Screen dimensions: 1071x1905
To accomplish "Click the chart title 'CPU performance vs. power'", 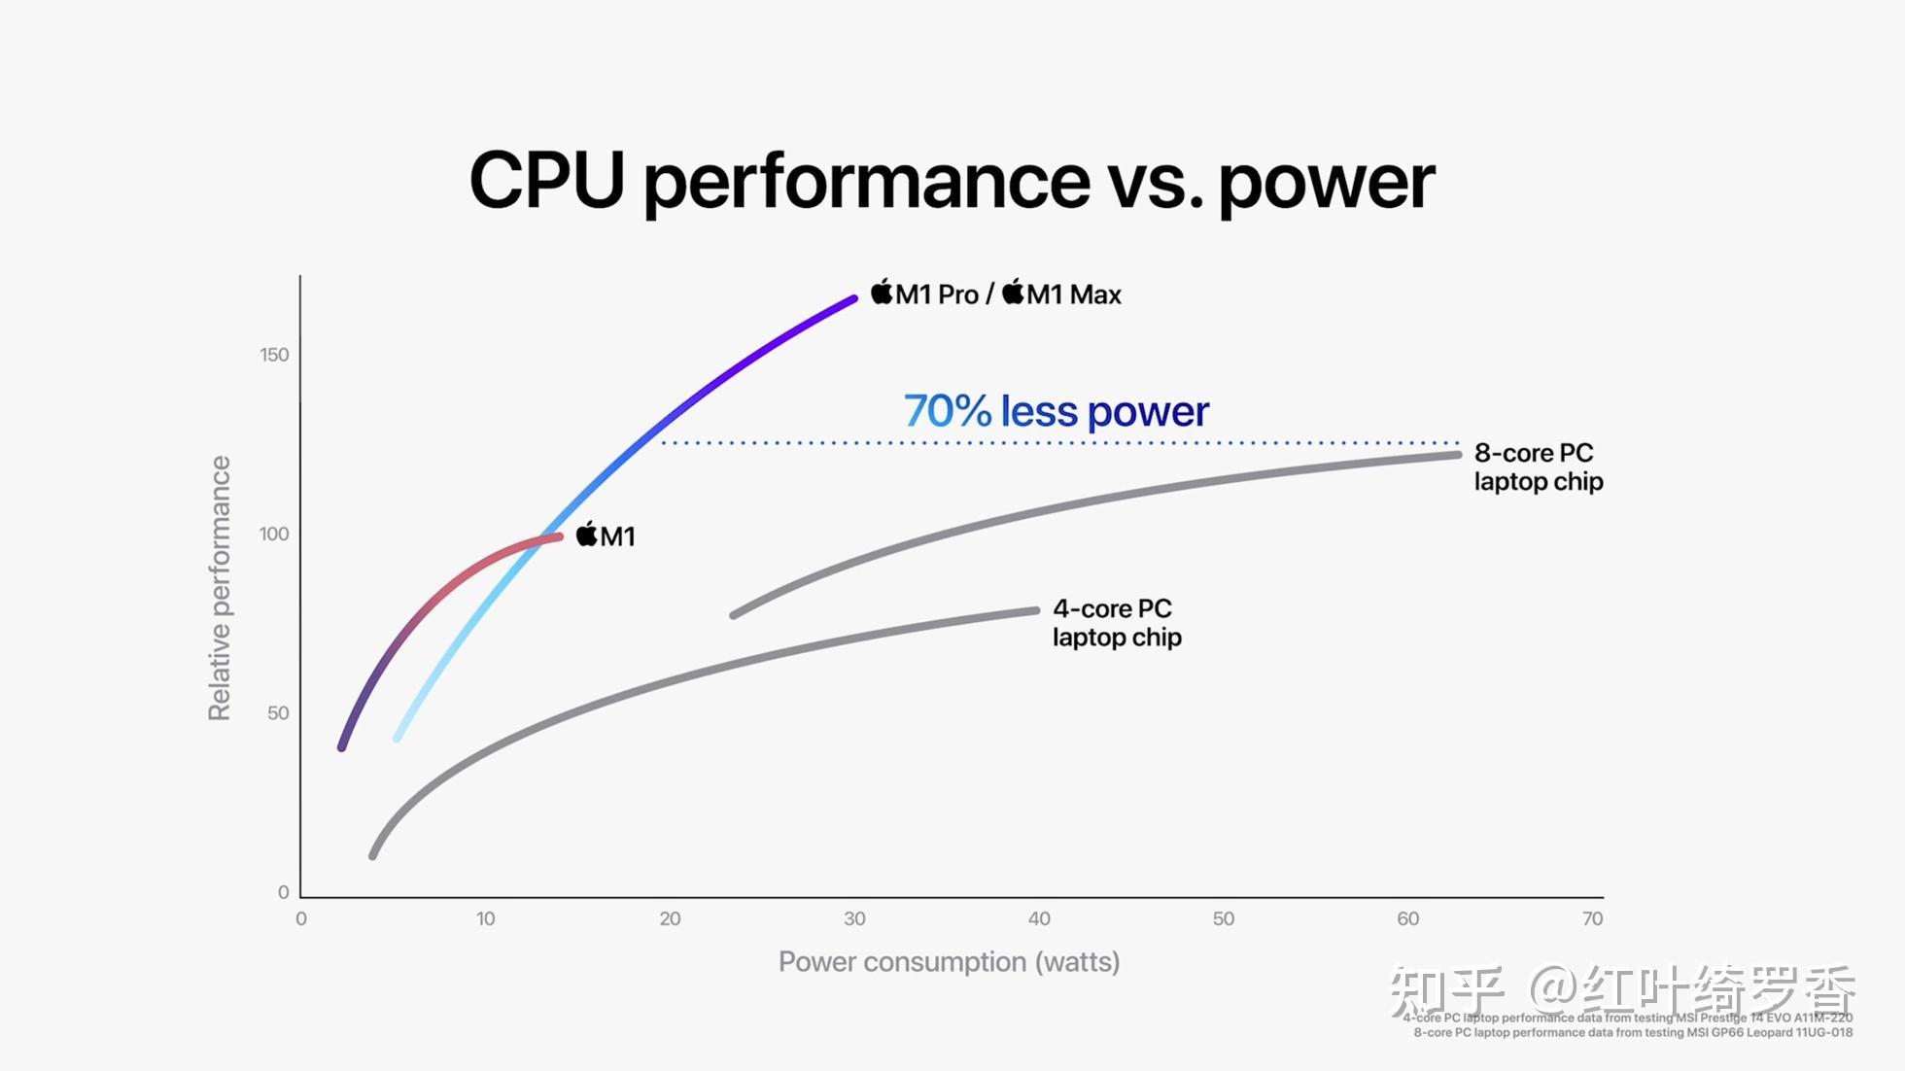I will (x=952, y=181).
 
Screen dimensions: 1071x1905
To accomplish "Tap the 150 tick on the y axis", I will (x=274, y=355).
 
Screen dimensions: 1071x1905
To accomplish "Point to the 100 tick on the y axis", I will (x=274, y=534).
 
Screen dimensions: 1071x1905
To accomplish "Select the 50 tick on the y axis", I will (x=278, y=713).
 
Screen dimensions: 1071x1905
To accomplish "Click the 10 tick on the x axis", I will (x=485, y=918).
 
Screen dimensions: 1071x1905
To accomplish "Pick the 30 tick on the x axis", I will (x=854, y=918).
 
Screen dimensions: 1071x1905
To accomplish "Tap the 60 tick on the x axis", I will (x=1407, y=918).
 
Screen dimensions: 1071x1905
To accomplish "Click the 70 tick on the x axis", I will (x=1592, y=918).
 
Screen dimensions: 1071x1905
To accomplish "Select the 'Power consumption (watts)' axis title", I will (x=949, y=962).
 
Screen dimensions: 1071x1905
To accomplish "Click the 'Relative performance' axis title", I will (x=220, y=588).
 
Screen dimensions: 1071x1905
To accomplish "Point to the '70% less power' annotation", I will (x=1056, y=411).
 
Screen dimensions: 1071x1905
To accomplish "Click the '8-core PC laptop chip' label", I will (x=1538, y=467).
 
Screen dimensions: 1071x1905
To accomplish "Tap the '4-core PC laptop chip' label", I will (x=1117, y=623).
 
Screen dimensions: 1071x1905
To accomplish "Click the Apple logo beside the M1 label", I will (x=587, y=534).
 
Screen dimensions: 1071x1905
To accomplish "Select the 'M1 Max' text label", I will (x=1073, y=294).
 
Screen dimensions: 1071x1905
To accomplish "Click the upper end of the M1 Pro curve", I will (x=854, y=298).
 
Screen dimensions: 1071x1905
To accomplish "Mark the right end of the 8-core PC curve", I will (x=1457, y=454).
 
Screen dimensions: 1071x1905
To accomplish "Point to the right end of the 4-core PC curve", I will (x=1036, y=610).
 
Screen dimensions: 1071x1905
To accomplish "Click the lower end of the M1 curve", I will (x=342, y=746).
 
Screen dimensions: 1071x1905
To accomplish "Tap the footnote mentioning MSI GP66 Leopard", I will (x=1633, y=1032).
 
